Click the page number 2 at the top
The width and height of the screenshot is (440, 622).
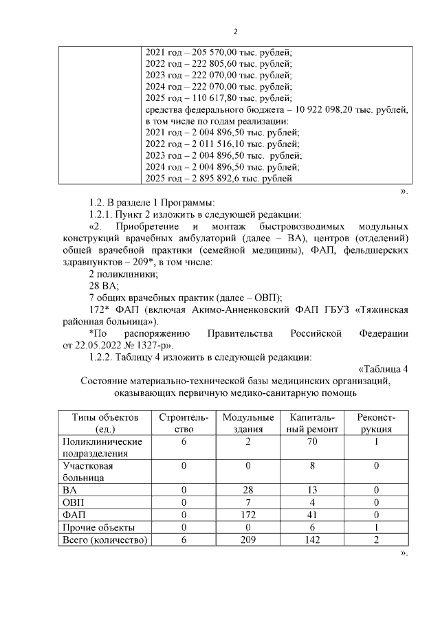click(x=236, y=31)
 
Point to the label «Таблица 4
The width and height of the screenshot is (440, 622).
click(x=383, y=368)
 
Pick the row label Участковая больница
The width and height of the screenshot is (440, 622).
click(x=87, y=471)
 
